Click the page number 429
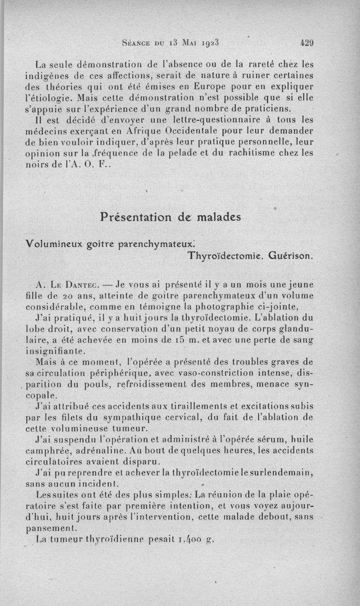tap(306, 44)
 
